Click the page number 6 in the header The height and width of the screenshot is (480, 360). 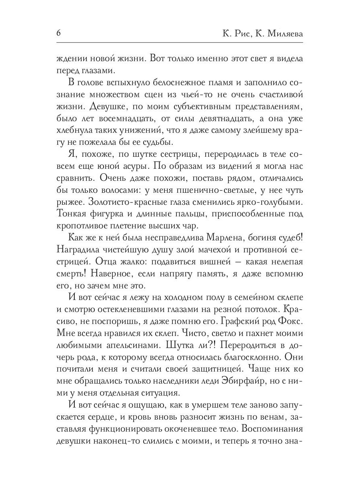point(59,34)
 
